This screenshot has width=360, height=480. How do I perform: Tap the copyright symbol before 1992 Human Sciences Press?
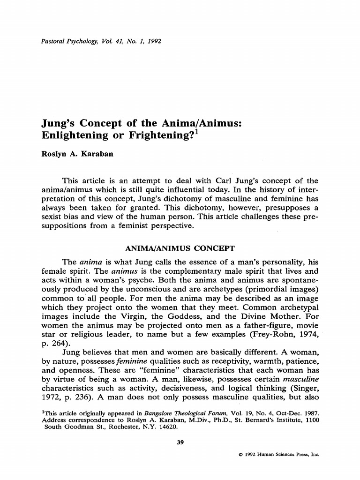click(240, 455)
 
